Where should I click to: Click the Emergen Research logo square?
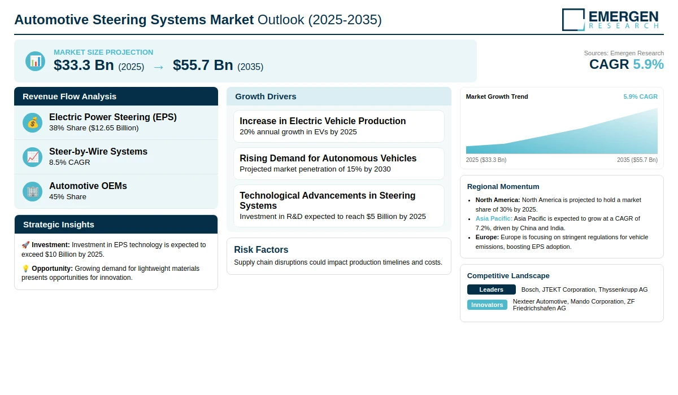click(573, 20)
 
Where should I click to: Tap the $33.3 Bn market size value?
click(84, 65)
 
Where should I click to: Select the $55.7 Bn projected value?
click(203, 65)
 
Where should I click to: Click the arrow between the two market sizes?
click(158, 67)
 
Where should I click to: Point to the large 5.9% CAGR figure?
click(648, 64)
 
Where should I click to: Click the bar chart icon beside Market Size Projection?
click(36, 62)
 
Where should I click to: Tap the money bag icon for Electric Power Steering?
click(32, 122)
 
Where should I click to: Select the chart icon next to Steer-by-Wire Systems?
click(32, 157)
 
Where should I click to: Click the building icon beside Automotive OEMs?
click(32, 192)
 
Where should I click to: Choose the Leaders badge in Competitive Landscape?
click(491, 289)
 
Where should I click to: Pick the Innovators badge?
click(487, 305)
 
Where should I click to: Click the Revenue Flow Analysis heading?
click(69, 96)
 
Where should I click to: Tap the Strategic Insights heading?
click(59, 225)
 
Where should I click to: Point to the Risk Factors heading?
click(261, 249)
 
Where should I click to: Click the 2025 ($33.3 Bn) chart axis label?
click(486, 160)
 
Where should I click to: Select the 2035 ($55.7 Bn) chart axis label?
click(637, 160)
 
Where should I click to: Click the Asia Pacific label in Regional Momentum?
click(494, 218)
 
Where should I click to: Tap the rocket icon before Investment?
click(25, 245)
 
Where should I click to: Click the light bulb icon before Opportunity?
click(25, 269)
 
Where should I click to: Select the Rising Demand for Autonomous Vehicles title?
click(328, 159)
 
